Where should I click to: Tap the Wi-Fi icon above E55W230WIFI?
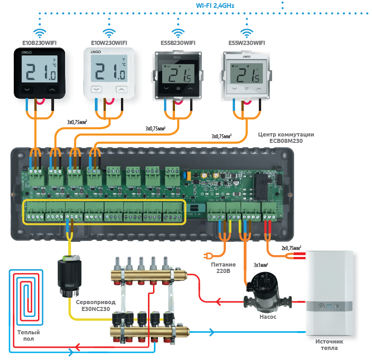(x=246, y=33)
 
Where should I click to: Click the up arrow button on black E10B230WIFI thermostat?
(x=53, y=90)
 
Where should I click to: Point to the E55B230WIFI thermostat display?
(x=176, y=72)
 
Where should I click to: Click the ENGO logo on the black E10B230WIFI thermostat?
(x=26, y=53)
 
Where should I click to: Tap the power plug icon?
(x=207, y=256)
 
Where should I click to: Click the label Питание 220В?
(x=224, y=268)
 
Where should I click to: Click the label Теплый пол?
(x=26, y=336)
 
